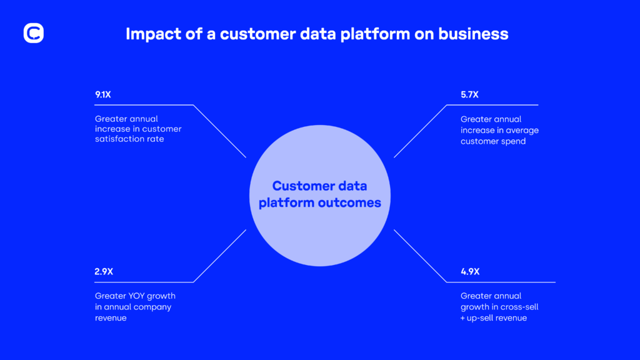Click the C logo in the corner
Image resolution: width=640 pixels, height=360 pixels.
[33, 33]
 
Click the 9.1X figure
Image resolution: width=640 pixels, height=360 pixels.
[104, 95]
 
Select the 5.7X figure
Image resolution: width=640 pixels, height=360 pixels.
[469, 95]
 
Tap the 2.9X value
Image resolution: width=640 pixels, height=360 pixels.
[104, 272]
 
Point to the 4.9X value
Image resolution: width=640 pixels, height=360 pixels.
[469, 272]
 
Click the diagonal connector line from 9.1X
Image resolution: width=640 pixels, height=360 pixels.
[219, 131]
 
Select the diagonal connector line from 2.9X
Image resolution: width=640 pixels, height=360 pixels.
[219, 256]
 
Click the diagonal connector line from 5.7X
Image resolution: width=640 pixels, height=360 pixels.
[421, 131]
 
